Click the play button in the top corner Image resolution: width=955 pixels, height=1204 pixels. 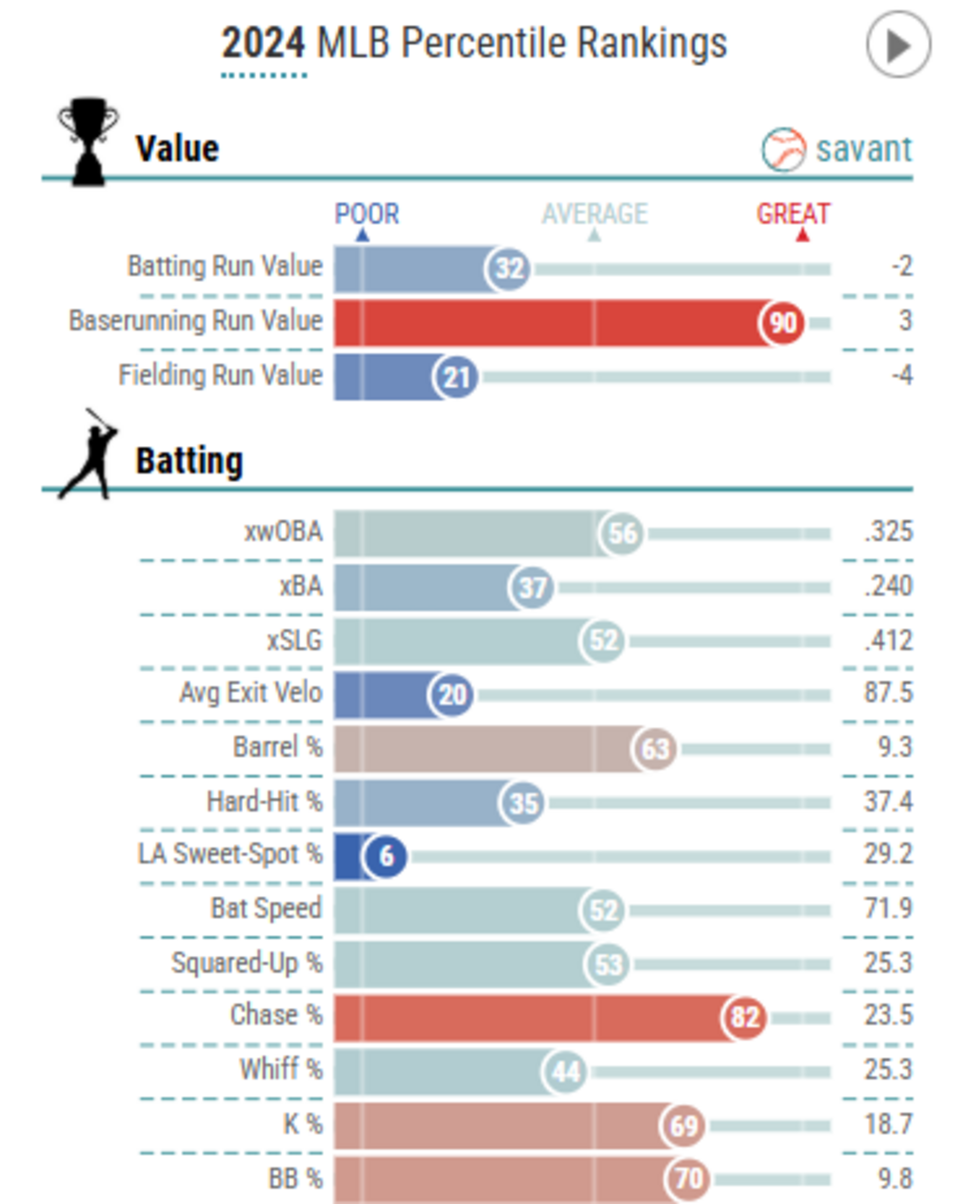898,45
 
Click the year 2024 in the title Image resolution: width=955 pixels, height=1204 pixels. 263,43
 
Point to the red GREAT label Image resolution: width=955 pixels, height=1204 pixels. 793,214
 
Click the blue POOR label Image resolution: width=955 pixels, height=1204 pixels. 367,214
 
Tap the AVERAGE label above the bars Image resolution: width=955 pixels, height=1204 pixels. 595,214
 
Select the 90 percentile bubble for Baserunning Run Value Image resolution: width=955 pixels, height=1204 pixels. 782,323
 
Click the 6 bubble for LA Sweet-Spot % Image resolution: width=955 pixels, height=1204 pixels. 385,856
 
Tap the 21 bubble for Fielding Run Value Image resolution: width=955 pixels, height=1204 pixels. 455,377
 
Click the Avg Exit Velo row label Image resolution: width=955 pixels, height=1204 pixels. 251,693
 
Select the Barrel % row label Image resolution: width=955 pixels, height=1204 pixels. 278,747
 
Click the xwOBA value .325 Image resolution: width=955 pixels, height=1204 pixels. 888,532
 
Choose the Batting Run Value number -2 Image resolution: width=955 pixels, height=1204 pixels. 902,266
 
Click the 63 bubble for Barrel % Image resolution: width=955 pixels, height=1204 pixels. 654,749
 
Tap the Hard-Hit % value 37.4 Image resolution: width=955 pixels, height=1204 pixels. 888,802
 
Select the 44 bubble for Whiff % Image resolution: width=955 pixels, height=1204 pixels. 564,1072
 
